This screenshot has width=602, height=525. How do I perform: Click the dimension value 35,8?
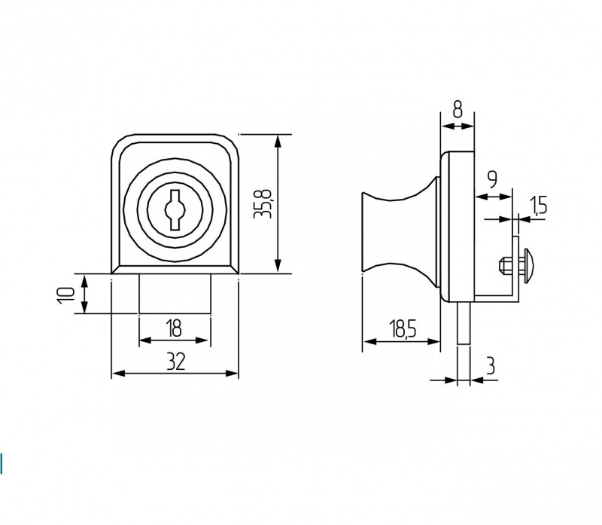(x=263, y=204)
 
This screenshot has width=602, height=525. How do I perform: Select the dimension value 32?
(x=176, y=362)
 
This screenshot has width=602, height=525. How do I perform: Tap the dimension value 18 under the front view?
(x=174, y=329)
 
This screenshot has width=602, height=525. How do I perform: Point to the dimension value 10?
(x=65, y=295)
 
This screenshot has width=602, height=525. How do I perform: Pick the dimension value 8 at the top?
(x=458, y=110)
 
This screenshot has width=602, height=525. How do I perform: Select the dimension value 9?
(x=493, y=179)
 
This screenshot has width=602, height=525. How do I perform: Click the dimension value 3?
(x=490, y=365)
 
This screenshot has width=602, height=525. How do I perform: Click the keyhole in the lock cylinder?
(x=175, y=210)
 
